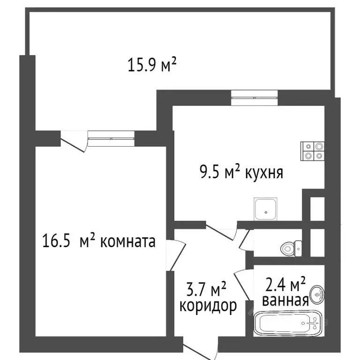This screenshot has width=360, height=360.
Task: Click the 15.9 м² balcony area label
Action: [x=152, y=65]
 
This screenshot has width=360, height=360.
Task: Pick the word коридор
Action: [x=208, y=307]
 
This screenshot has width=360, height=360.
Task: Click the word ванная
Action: [x=285, y=300]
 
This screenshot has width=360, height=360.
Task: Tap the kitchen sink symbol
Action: [x=266, y=209]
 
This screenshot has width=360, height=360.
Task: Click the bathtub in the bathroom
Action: [x=289, y=324]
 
